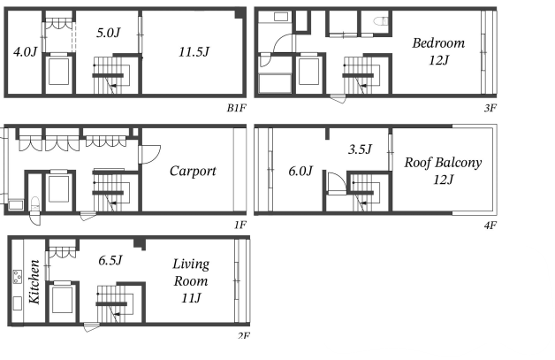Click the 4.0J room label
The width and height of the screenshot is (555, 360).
[25, 51]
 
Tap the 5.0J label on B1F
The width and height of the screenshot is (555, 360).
[109, 33]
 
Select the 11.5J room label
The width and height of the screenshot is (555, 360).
[194, 51]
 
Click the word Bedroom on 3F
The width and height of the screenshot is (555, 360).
[438, 42]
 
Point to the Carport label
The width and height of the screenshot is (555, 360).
[193, 171]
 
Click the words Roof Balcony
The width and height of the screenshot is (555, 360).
[443, 162]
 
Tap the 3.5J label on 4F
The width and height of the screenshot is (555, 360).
[360, 149]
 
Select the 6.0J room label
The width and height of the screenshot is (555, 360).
[300, 171]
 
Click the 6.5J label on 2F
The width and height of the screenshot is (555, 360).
[110, 260]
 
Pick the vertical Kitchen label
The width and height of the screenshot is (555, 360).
[34, 281]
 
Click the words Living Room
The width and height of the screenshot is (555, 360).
[191, 272]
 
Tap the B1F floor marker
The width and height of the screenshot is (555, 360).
[236, 108]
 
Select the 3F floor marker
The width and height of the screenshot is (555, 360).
[490, 108]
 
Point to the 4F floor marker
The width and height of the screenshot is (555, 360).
[490, 225]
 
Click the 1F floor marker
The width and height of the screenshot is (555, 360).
[240, 225]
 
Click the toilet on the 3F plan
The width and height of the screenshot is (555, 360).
[381, 21]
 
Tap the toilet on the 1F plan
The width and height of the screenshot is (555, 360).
[35, 203]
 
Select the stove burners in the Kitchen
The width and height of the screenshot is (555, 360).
[18, 277]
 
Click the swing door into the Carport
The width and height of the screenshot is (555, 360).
[150, 154]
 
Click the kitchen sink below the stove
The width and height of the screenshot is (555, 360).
[18, 303]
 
